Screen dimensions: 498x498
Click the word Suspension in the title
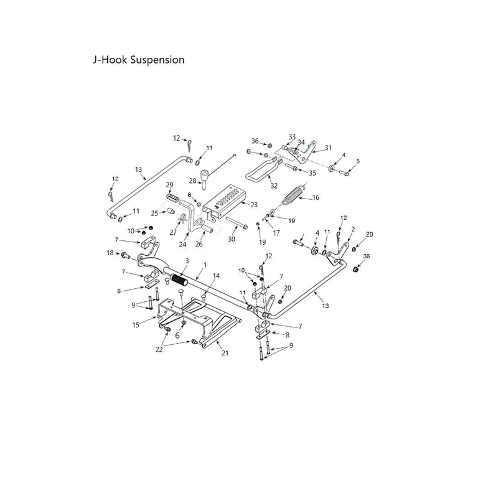[x=157, y=60]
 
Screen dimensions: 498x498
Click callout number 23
[x=254, y=205]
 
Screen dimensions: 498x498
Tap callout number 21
[x=225, y=353]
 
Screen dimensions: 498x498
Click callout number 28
[x=193, y=181]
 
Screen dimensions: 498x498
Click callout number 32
[x=274, y=186]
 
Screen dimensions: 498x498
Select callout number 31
[x=328, y=148]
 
